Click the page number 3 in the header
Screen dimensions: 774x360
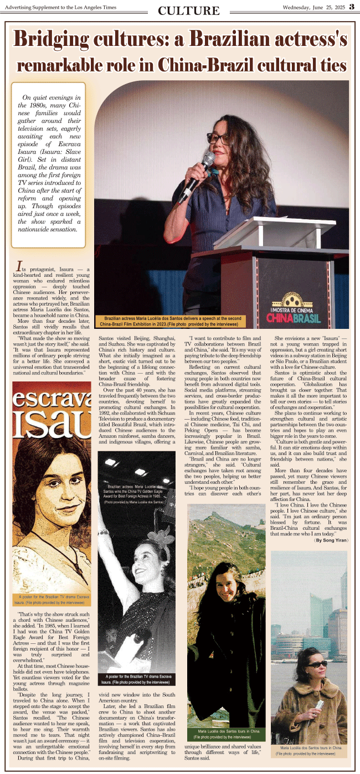352,7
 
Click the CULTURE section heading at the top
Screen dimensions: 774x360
189,11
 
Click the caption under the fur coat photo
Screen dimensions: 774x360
308,751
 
